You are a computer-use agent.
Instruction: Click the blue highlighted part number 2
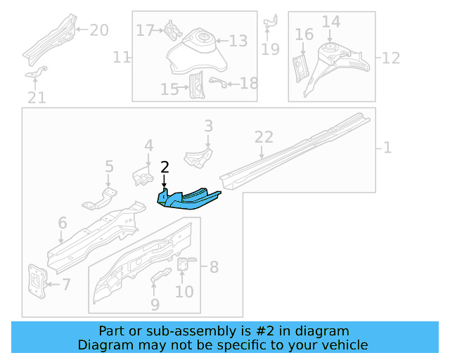(188, 198)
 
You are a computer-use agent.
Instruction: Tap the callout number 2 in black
(165, 167)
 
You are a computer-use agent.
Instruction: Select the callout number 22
(263, 138)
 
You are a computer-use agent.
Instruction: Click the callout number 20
(99, 30)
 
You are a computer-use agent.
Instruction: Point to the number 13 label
(238, 41)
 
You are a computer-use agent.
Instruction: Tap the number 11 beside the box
(122, 56)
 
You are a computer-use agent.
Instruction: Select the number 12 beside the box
(390, 56)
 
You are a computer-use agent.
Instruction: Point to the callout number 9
(155, 304)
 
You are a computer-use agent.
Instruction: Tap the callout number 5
(109, 167)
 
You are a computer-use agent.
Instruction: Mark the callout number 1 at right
(387, 148)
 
